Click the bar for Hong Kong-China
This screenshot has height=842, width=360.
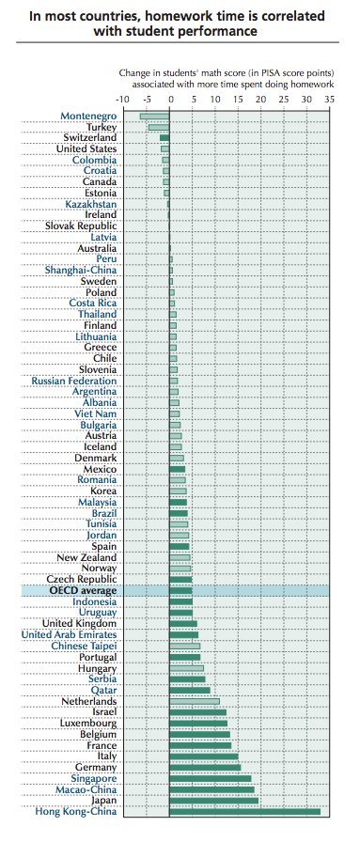(x=245, y=811)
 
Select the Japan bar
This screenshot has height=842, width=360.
(x=214, y=801)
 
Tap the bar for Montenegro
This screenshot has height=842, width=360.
(x=155, y=117)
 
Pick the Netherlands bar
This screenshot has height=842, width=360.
(x=195, y=701)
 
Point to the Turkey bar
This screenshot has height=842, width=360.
(x=159, y=128)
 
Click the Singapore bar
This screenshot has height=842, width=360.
(x=211, y=779)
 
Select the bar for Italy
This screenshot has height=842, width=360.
(x=204, y=756)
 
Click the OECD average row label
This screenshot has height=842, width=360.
(x=83, y=591)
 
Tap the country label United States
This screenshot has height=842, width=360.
(x=86, y=148)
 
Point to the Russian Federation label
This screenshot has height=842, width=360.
(x=74, y=381)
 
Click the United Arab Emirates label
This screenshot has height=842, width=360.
(x=69, y=634)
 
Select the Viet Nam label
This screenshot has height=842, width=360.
(x=96, y=413)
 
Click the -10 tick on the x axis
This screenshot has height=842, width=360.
(x=122, y=100)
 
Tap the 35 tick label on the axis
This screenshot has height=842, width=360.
(x=329, y=100)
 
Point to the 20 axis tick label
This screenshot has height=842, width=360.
(x=260, y=100)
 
